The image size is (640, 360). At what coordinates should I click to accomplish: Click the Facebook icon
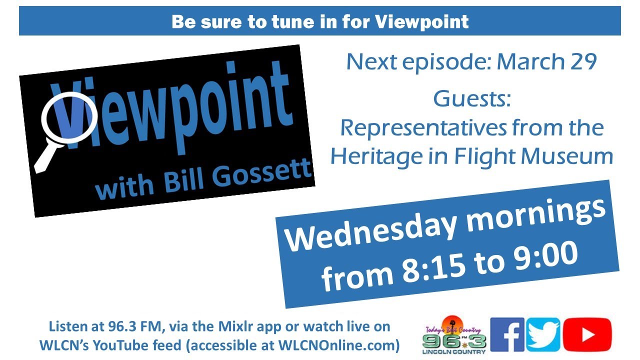[507, 334]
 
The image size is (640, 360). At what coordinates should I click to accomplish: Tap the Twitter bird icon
[543, 334]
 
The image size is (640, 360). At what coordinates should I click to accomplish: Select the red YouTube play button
[587, 334]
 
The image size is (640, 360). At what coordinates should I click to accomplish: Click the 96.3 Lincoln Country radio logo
[454, 335]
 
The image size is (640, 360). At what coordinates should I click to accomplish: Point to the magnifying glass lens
[69, 117]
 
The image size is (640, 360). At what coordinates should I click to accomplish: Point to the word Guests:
[472, 99]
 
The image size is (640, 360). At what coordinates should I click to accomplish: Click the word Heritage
[376, 157]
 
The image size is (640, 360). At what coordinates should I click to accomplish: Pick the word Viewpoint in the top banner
[421, 21]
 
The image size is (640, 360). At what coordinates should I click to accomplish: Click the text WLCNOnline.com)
[339, 345]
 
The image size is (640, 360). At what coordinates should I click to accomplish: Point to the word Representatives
[423, 128]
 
